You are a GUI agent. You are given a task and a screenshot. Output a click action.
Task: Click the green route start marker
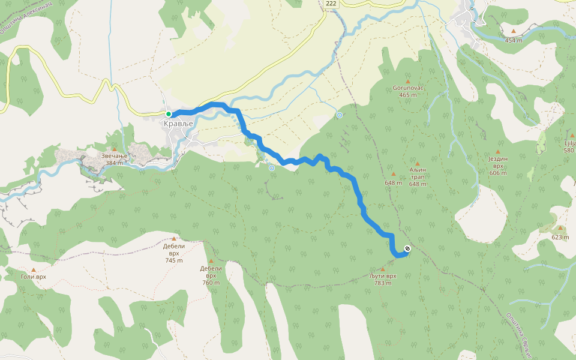169,114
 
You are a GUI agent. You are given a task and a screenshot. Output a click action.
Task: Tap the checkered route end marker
407,248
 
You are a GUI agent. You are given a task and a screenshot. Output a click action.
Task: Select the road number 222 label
331,4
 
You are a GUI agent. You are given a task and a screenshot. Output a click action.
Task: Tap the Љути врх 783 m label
383,279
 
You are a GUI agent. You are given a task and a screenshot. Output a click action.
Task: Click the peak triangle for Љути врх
383,269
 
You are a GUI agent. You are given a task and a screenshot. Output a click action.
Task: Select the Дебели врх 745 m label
174,253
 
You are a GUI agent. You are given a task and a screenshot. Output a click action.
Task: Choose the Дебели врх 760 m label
211,275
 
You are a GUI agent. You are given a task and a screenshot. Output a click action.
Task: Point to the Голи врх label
33,277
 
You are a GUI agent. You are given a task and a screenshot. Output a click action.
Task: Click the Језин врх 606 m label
498,166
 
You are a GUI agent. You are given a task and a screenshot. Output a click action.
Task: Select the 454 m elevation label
514,40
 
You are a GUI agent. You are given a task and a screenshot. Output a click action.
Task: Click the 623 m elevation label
560,237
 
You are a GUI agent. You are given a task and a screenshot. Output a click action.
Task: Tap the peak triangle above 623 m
560,228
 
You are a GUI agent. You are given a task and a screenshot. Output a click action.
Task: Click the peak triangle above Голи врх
33,269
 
